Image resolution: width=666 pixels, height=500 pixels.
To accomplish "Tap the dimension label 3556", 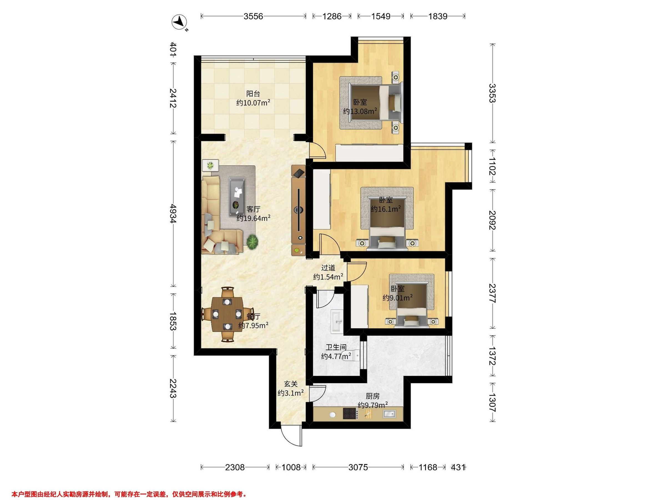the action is click(x=253, y=16).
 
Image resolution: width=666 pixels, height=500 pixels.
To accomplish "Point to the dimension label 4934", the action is click(x=173, y=213).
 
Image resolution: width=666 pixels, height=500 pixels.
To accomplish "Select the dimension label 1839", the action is click(x=438, y=16).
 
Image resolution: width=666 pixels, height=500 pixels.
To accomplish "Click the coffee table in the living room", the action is click(x=237, y=196).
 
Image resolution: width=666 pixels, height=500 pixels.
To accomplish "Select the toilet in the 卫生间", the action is click(x=354, y=356).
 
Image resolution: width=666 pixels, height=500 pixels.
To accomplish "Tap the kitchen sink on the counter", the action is click(x=389, y=414).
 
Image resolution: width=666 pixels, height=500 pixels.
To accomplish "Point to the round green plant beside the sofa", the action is click(x=253, y=242).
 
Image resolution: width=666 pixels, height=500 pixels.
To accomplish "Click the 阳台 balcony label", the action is click(x=253, y=94).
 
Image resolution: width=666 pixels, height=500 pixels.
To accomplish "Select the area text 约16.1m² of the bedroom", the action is click(x=386, y=209).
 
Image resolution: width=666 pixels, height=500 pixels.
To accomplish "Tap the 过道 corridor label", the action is click(x=328, y=267).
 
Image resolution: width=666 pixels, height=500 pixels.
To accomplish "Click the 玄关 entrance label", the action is click(x=291, y=384).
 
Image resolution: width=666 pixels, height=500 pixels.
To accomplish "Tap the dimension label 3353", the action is click(x=492, y=93).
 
